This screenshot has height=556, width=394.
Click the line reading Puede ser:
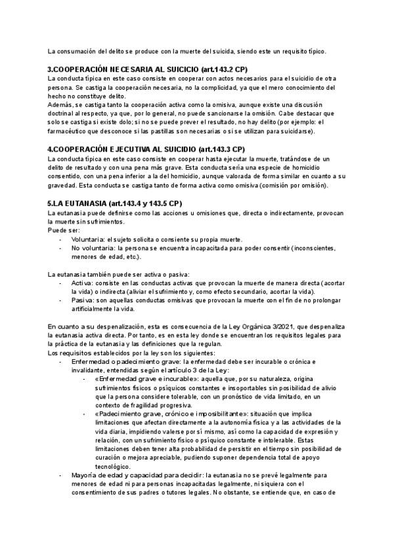pos(64,231)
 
